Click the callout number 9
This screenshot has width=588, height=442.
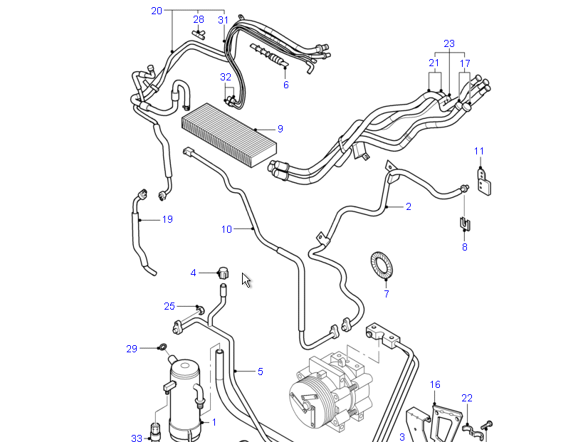point(280,129)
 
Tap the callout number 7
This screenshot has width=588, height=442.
point(387,293)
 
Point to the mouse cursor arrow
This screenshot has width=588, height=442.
point(246,280)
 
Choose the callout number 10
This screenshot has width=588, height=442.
point(226,229)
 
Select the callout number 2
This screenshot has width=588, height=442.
point(409,207)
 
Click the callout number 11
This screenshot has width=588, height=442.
point(479,151)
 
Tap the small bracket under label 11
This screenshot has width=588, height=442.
point(485,181)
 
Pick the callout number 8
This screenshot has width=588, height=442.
point(465,247)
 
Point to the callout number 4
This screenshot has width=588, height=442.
point(193,273)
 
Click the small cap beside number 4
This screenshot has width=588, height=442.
point(222,272)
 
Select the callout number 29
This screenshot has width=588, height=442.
point(132,348)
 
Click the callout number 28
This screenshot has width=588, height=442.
point(199,19)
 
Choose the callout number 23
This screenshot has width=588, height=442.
point(449,43)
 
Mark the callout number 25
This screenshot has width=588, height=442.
point(169,306)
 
